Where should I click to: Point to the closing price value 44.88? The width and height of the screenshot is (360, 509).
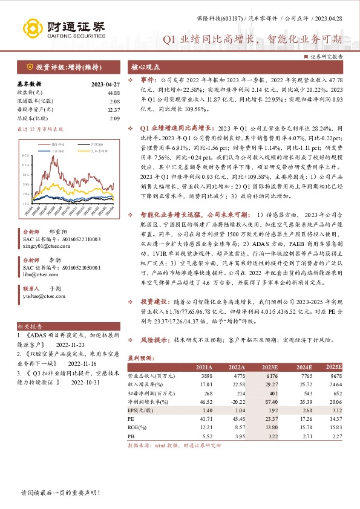point(113,92)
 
